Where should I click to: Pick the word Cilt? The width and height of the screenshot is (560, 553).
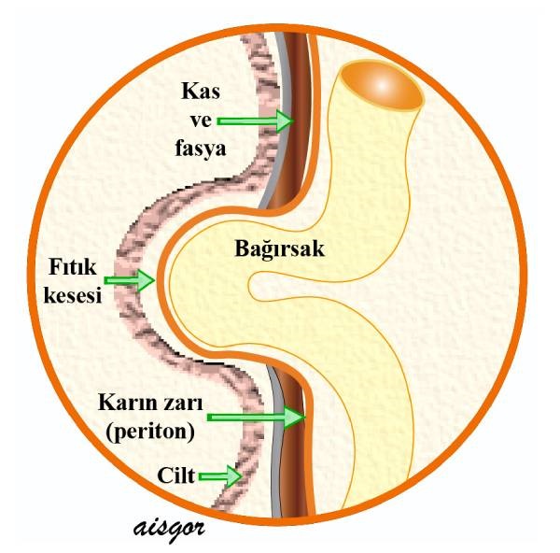coord(176,475)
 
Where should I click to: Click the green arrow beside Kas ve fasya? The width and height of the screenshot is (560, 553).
coord(255,121)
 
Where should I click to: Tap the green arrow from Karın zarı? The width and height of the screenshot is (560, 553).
coord(258,418)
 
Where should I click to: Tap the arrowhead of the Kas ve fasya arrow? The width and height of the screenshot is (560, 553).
coord(284,121)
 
